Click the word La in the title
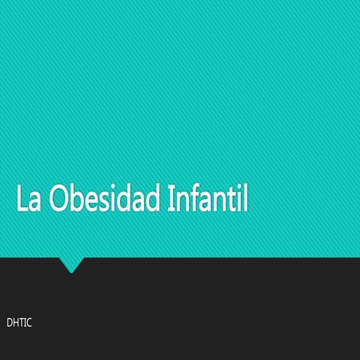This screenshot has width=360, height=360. (28, 198)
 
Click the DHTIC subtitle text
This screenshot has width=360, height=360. (19, 323)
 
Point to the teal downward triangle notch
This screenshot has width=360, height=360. (72, 264)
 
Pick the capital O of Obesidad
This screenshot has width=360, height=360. (59, 198)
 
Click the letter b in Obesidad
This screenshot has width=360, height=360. (77, 198)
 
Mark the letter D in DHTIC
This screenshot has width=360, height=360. (9, 323)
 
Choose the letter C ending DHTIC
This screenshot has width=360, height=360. (28, 323)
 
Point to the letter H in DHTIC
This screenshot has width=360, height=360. (15, 323)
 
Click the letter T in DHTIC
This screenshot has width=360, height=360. (21, 323)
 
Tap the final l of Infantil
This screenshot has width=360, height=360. (244, 198)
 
